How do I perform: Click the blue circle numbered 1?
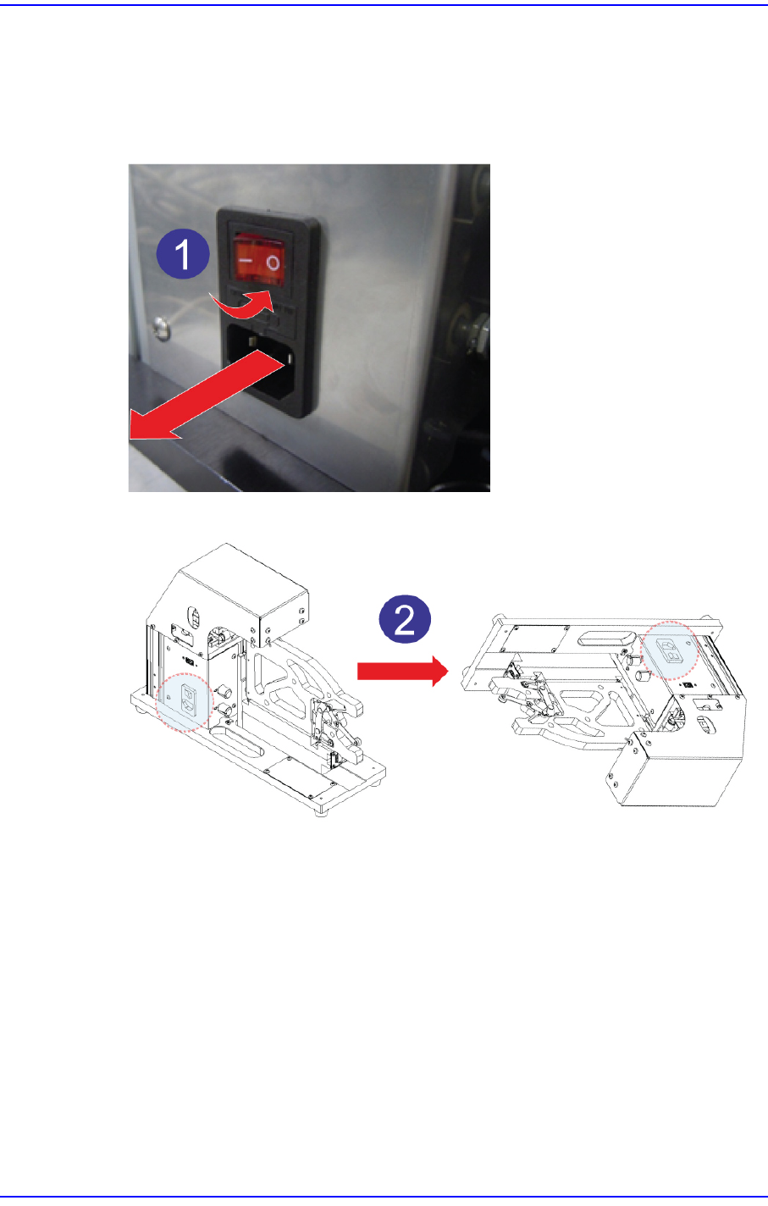pos(182,253)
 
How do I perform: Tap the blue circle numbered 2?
pos(405,618)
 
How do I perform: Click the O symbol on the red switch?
pos(273,263)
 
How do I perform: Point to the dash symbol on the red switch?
pos(246,261)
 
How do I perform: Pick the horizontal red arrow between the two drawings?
pos(403,671)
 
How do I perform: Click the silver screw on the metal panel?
pos(161,328)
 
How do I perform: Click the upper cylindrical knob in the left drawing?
pos(224,690)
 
